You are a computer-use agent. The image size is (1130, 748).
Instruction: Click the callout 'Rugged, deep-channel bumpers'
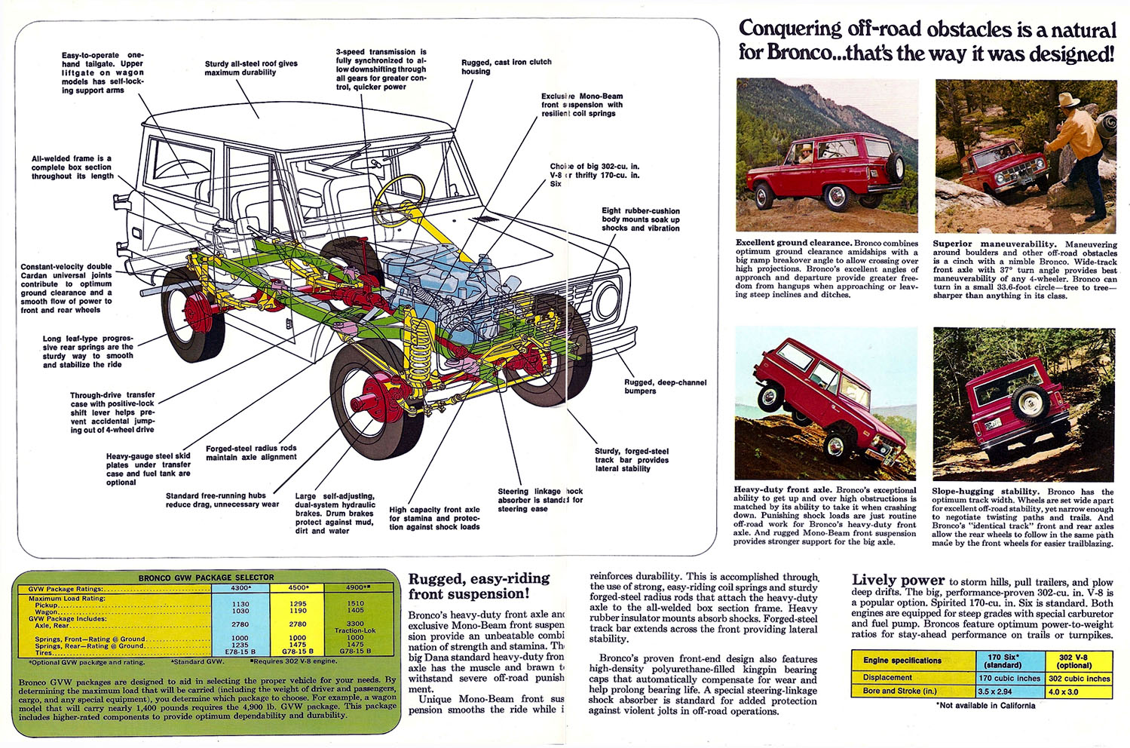pyautogui.click(x=665, y=386)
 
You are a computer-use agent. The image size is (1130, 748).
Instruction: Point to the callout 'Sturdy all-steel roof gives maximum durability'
pyautogui.click(x=251, y=68)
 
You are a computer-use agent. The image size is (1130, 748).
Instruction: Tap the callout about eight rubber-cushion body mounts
pyautogui.click(x=640, y=219)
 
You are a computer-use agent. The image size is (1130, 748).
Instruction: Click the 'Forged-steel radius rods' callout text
pyautogui.click(x=251, y=452)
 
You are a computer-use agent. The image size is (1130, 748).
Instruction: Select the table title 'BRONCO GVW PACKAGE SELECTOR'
pyautogui.click(x=206, y=578)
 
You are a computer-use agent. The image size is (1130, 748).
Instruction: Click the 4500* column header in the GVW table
pyautogui.click(x=298, y=588)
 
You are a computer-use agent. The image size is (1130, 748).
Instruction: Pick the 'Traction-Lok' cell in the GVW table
pyautogui.click(x=354, y=630)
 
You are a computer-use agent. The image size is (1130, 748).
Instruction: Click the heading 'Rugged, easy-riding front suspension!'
pyautogui.click(x=479, y=586)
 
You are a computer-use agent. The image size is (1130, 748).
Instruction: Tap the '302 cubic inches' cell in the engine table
pyautogui.click(x=1079, y=678)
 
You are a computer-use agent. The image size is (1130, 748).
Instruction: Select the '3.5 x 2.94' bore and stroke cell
pyautogui.click(x=995, y=691)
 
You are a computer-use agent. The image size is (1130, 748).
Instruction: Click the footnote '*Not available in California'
pyautogui.click(x=985, y=706)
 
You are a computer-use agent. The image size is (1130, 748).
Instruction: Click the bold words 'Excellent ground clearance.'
pyautogui.click(x=794, y=243)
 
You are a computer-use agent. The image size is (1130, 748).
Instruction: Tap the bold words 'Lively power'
pyautogui.click(x=898, y=580)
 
